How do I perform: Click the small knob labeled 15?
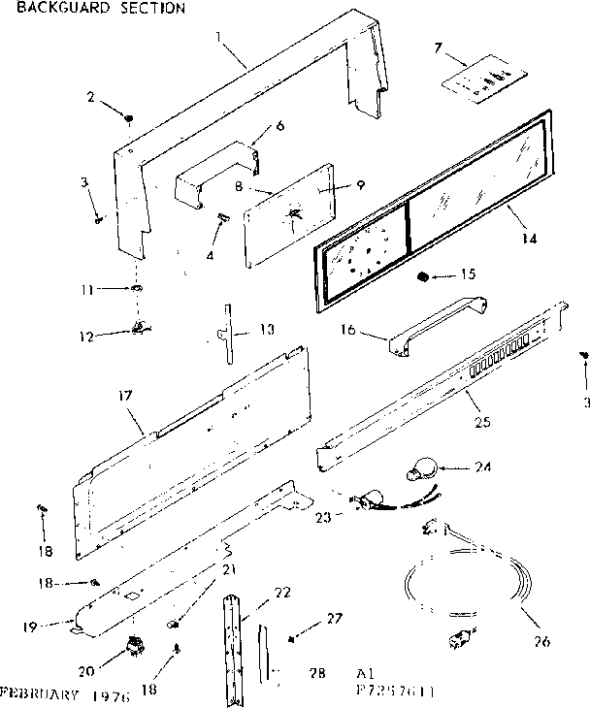pyautogui.click(x=422, y=278)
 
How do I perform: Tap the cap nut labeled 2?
pyautogui.click(x=129, y=118)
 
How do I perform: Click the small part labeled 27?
pyautogui.click(x=292, y=638)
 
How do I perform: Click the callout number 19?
pyautogui.click(x=29, y=627)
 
